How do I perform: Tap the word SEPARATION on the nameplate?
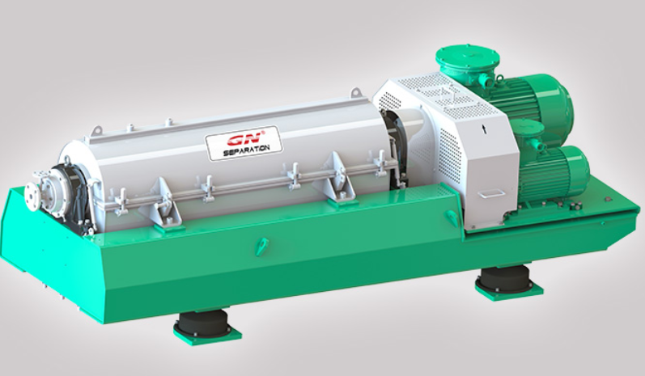246,150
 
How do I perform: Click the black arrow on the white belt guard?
485,129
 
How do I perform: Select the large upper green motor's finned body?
531,103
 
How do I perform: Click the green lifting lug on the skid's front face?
261,247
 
